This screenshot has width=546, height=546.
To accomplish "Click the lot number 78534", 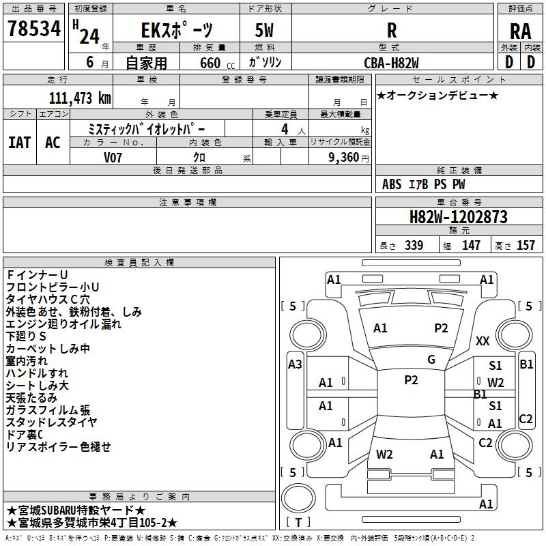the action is [x=34, y=30].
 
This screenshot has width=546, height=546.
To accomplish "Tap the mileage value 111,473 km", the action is [x=81, y=98].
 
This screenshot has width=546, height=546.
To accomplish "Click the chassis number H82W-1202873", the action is [x=458, y=217].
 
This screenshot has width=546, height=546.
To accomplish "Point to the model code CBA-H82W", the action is [x=391, y=62].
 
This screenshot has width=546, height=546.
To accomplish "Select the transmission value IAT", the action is [x=19, y=143].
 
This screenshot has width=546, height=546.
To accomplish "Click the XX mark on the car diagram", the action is [x=483, y=341].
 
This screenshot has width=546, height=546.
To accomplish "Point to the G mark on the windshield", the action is [x=431, y=360].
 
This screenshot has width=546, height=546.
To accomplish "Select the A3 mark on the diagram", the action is [x=295, y=364].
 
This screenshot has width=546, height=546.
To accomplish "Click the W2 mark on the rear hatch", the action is [x=384, y=454].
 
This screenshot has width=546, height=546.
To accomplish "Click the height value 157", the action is [x=526, y=246].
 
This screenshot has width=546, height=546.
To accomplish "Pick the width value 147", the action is [x=472, y=246].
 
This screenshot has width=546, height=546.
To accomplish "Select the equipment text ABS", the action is [x=392, y=184].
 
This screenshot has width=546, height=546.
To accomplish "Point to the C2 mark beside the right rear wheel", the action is [x=526, y=419].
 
